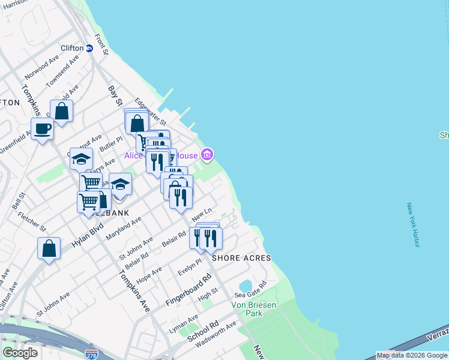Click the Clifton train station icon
point(89,48)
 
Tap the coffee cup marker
point(43,129)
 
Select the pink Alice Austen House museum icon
point(207,155)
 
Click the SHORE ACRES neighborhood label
point(241,258)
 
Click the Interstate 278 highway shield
point(91,355)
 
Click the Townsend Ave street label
point(64,70)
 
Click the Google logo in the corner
point(20,353)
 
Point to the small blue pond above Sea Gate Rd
point(246,285)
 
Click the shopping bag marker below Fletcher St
point(49,248)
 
